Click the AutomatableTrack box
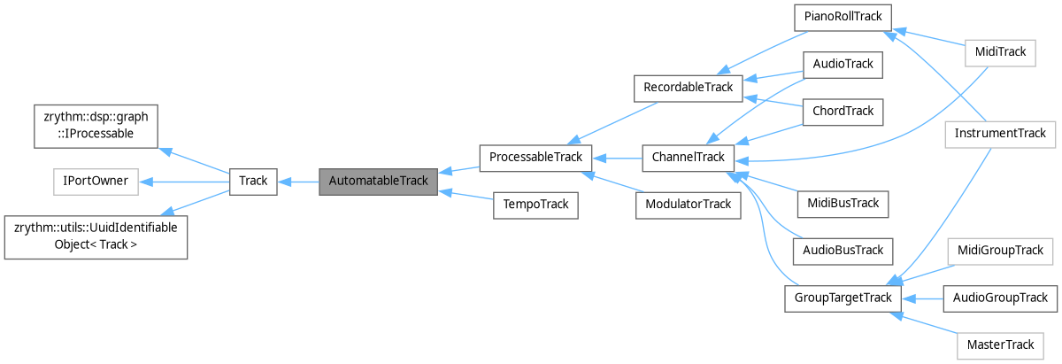(x=378, y=181)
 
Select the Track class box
(x=253, y=181)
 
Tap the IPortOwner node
(x=96, y=181)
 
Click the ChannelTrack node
(x=689, y=158)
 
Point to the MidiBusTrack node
(x=843, y=204)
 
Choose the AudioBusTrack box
(x=843, y=251)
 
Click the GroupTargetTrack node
(x=843, y=298)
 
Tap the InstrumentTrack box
(x=1000, y=134)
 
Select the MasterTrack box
(x=1000, y=345)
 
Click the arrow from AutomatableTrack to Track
(x=297, y=181)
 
